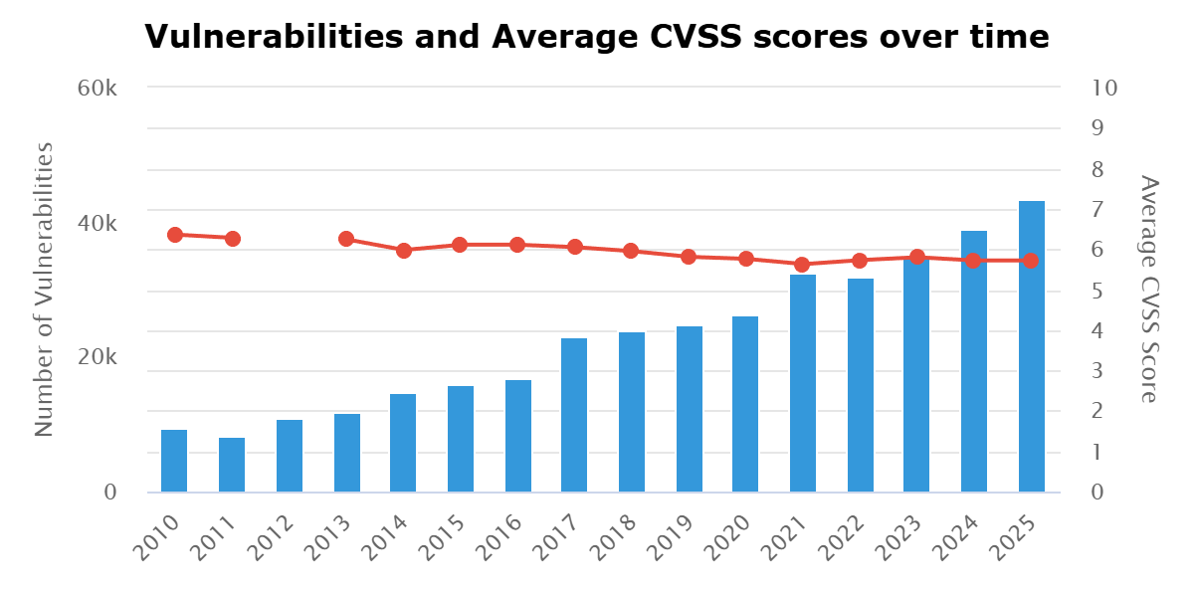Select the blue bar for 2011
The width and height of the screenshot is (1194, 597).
232,465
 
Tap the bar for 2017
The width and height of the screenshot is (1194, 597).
574,415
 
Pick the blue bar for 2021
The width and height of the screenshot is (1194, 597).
803,383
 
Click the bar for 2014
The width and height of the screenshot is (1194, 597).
403,443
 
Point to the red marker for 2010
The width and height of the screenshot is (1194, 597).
175,235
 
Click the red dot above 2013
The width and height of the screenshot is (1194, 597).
346,239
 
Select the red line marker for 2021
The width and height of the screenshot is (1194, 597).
802,265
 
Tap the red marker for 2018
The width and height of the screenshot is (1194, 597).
631,251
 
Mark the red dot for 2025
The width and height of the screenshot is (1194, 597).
1031,261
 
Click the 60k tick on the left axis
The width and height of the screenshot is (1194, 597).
99,88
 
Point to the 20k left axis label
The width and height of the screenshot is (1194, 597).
99,357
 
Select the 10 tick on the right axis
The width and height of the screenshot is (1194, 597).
1104,88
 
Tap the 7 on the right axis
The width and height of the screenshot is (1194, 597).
1098,209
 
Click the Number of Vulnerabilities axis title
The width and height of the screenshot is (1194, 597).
44,289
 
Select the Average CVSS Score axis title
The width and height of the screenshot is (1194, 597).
1149,289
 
